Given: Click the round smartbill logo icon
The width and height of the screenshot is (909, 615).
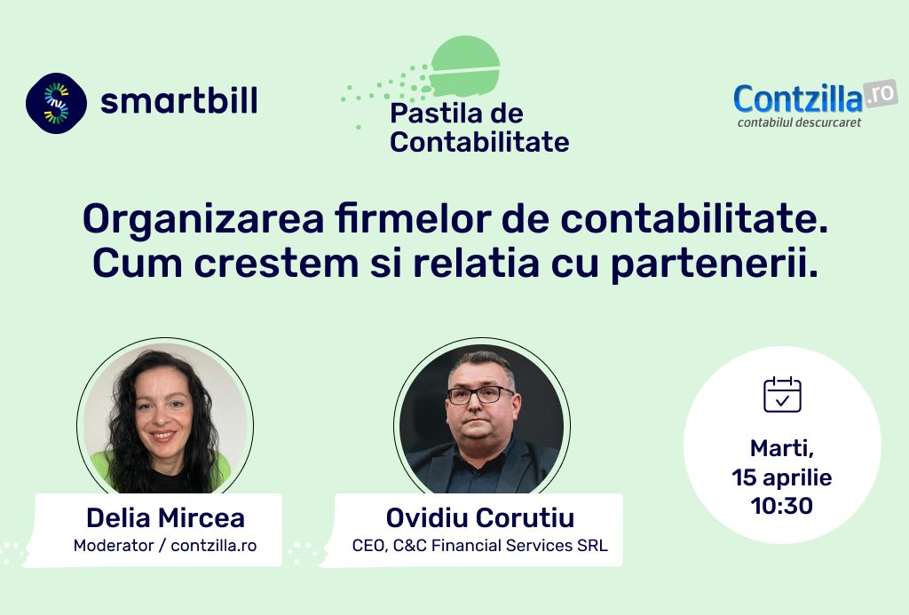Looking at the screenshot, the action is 56,103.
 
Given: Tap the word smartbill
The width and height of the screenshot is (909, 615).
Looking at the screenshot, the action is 179,101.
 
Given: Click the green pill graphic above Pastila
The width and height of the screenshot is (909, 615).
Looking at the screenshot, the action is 465,66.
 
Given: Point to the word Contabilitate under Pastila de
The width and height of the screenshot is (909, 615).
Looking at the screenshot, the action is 479,142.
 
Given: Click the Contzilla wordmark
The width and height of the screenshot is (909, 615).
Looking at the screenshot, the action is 798,99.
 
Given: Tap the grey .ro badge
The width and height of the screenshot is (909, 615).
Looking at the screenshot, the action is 880,94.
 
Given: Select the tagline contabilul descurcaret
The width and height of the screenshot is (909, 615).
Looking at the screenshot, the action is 799,122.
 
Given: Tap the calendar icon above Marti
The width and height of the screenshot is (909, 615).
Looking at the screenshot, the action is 782,395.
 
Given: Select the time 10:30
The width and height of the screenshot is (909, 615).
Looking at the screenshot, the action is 781,506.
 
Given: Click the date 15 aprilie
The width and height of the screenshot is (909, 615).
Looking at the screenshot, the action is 781,477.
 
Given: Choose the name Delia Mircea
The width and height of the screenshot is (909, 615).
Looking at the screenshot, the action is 165,517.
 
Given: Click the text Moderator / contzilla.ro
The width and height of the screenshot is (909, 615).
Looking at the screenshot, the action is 165,546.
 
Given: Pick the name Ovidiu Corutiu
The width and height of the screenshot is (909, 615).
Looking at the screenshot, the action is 480,517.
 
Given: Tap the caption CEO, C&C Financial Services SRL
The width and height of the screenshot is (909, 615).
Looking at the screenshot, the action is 480,546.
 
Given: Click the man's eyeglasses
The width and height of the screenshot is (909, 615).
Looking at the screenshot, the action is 480,395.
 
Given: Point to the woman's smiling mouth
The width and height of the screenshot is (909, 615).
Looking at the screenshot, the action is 163,436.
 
